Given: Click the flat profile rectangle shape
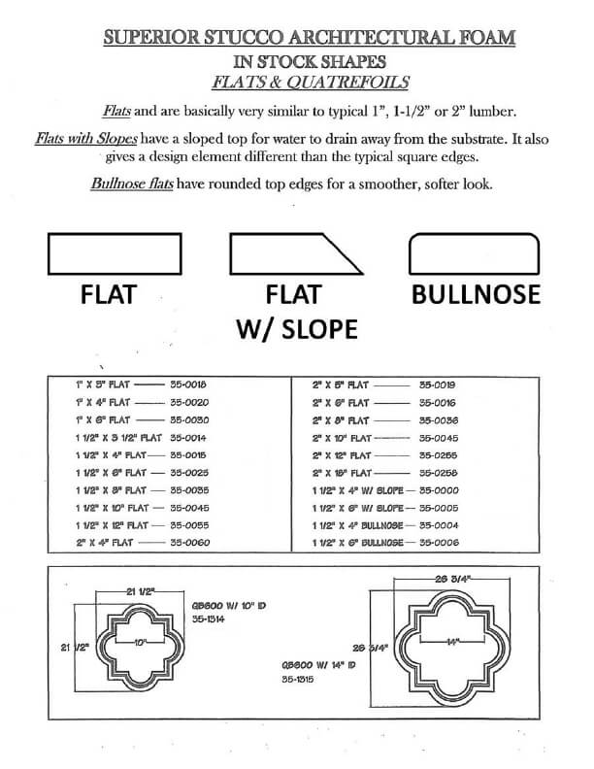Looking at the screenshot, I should tap(114, 254).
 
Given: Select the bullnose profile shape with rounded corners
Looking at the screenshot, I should tap(474, 254).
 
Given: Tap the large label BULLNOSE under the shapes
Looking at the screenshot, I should tap(475, 294).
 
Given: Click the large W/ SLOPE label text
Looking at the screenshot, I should tap(297, 329).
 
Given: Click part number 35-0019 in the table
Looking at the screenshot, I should tap(438, 384).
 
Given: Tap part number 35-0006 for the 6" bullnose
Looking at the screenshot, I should tap(438, 543).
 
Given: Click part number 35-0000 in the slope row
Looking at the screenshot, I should tap(438, 490).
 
